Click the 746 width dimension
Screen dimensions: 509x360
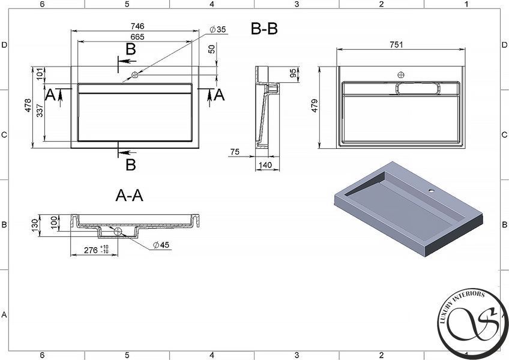[137, 26]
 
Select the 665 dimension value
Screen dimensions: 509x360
[137, 37]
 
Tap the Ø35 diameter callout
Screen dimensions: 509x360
[217, 29]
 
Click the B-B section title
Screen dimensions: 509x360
[264, 29]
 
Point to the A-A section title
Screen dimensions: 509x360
[129, 196]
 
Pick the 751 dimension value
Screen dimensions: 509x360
[396, 45]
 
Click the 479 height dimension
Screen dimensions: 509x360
[315, 106]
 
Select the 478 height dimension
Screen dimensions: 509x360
[28, 106]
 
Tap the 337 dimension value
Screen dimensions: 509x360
[40, 110]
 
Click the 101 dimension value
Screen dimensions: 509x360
[40, 74]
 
